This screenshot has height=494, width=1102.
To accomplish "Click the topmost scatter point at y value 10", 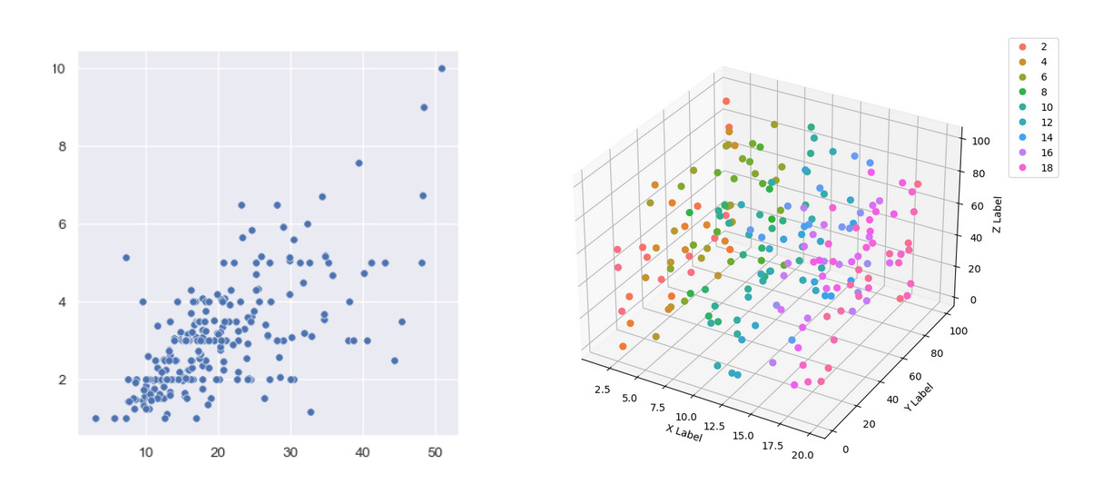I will coord(442,68).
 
